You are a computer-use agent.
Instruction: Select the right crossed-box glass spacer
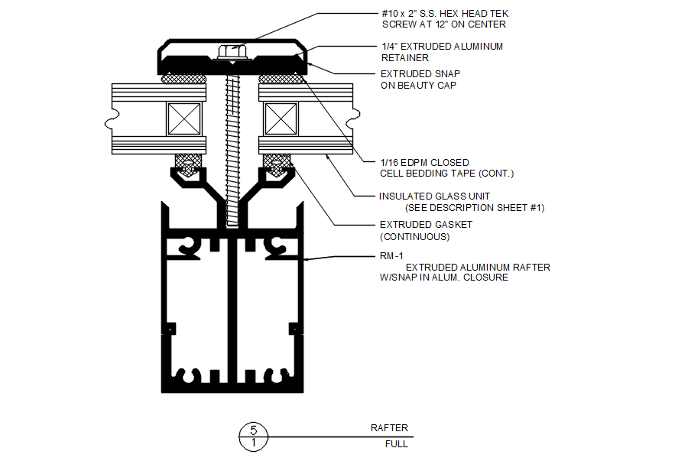pyautogui.click(x=281, y=118)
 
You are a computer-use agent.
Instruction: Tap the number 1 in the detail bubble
pyautogui.click(x=254, y=443)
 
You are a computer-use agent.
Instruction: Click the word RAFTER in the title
pyautogui.click(x=389, y=428)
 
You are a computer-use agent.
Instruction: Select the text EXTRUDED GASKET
pyautogui.click(x=426, y=225)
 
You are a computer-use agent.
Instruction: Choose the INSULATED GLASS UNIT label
pyautogui.click(x=434, y=196)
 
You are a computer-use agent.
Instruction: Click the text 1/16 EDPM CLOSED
pyautogui.click(x=424, y=163)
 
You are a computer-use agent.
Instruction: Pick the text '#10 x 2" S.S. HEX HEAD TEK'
pyautogui.click(x=444, y=14)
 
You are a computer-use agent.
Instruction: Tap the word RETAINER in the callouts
pyautogui.click(x=405, y=57)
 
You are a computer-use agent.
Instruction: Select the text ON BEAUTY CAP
pyautogui.click(x=418, y=86)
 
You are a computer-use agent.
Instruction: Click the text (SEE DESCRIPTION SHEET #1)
pyautogui.click(x=474, y=208)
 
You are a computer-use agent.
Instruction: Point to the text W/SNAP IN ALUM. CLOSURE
pyautogui.click(x=443, y=278)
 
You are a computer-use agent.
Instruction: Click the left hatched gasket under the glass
pyautogui.click(x=188, y=161)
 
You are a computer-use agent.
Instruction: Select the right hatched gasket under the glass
pyautogui.click(x=277, y=161)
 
